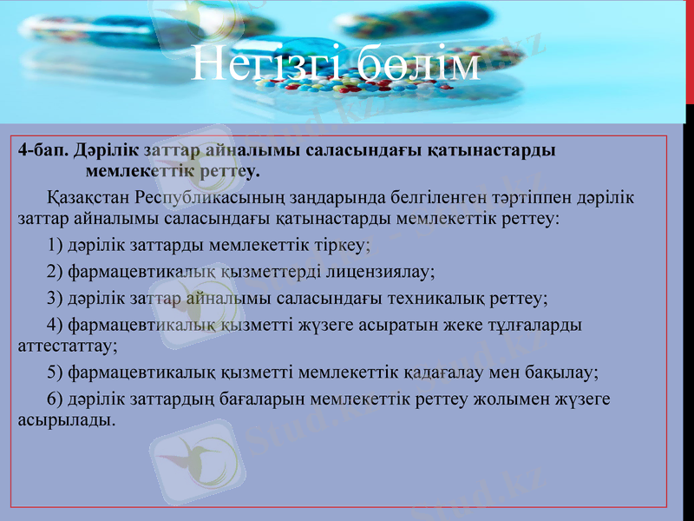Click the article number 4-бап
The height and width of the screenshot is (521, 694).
(43, 150)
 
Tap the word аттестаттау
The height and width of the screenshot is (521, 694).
(66, 344)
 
